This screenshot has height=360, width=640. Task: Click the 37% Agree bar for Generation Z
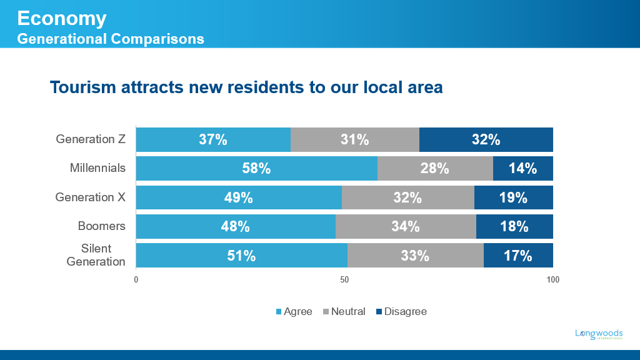(213, 139)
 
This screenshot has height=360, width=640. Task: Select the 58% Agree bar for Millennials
(256, 168)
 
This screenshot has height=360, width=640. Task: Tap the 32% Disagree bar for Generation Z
(486, 139)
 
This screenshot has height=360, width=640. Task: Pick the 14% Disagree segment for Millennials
(522, 168)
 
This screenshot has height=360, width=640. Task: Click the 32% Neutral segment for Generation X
(407, 197)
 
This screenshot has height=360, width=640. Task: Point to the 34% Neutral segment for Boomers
(406, 226)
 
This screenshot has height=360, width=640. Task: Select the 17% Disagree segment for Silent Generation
(517, 255)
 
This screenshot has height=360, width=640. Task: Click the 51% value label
(241, 256)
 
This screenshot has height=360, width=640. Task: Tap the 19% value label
(513, 197)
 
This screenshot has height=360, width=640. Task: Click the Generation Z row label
(91, 139)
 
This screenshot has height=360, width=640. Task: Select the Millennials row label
(97, 167)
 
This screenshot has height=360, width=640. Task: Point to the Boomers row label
(101, 226)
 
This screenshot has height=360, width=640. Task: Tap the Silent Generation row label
(96, 255)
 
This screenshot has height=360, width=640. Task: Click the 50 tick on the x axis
(344, 279)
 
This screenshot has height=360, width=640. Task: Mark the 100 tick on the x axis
(552, 279)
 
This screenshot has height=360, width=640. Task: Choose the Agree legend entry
(294, 311)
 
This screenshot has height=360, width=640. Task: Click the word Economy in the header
(61, 18)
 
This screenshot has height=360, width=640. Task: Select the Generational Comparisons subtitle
(111, 39)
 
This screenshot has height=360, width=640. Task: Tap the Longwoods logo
(599, 334)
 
